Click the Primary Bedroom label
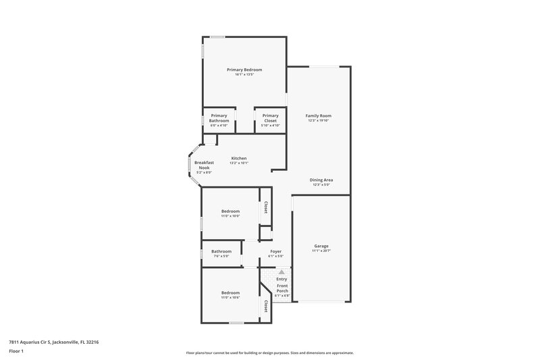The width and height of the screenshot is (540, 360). (244, 70)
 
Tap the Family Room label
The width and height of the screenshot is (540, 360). (319, 115)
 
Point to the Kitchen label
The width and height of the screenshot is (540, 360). (239, 158)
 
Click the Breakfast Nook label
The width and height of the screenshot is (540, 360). (204, 165)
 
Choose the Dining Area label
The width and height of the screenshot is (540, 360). (321, 180)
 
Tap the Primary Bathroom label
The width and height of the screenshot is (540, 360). (219, 118)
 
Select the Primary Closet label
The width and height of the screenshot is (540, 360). (270, 118)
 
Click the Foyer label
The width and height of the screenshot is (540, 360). (275, 251)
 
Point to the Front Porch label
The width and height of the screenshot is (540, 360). (281, 288)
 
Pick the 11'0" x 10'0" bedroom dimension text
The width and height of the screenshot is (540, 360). (230, 216)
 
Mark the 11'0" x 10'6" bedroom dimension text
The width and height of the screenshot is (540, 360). (230, 297)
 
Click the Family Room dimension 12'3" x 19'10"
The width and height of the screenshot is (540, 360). (319, 121)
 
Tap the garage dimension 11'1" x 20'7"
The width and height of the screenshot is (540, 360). (321, 251)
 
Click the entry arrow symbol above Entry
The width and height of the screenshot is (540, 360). (281, 272)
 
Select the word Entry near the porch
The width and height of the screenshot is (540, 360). (281, 279)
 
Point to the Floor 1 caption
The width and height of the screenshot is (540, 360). (17, 351)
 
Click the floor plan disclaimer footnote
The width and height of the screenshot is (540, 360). (270, 353)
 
